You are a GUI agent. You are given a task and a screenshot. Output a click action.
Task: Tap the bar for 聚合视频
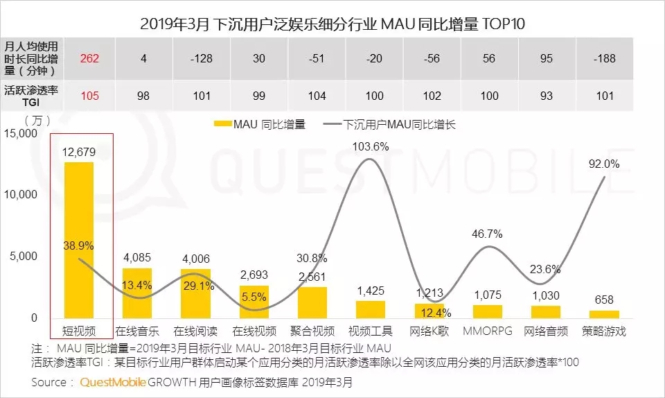(312, 302)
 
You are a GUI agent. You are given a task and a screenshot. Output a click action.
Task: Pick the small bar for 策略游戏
(605, 313)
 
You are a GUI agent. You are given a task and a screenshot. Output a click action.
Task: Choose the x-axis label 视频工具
(370, 331)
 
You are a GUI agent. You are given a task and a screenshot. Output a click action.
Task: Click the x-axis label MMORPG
(488, 331)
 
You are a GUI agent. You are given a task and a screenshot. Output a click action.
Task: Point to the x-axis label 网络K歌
(429, 331)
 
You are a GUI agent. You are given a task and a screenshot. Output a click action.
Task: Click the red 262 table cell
(89, 58)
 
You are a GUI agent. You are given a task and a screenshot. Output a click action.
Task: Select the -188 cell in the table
(604, 58)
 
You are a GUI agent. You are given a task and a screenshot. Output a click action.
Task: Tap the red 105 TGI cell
(89, 95)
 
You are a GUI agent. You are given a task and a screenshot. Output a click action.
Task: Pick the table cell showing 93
(547, 95)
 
